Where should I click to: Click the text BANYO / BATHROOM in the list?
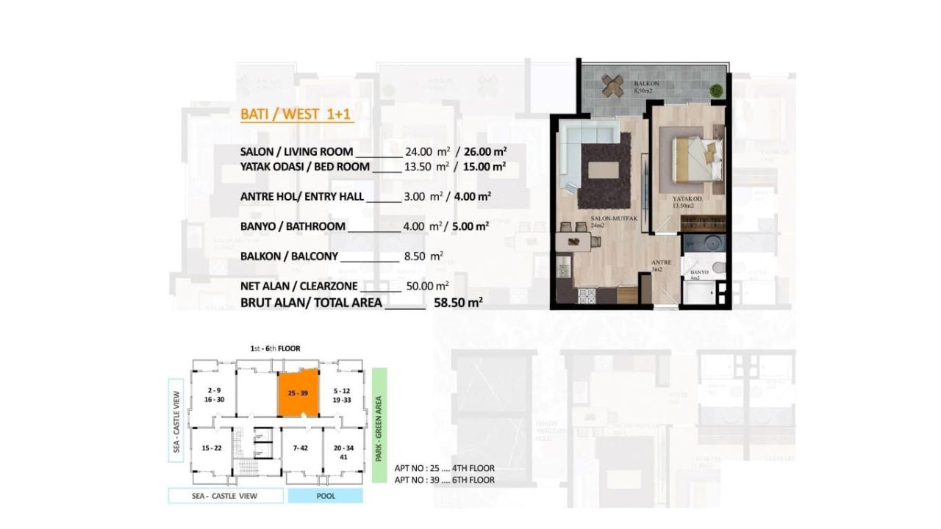tap(293, 226)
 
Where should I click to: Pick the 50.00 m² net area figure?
tap(427, 286)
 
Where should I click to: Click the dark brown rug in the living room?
tap(604, 171)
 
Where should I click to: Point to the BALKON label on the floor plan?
tap(646, 84)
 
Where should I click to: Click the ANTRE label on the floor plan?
tap(658, 262)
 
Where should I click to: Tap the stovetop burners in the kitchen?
tap(587, 296)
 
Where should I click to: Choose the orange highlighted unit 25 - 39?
tap(298, 394)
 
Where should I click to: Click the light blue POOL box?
tap(325, 496)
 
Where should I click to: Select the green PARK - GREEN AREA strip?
tap(379, 425)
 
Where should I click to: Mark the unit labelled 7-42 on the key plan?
tap(299, 448)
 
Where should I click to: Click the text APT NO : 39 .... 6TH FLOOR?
tap(444, 480)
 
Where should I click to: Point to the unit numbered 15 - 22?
tap(211, 448)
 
